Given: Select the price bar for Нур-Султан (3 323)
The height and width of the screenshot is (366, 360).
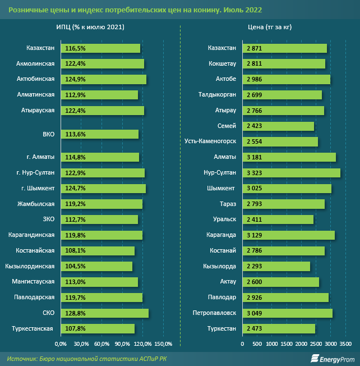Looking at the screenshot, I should [291, 173].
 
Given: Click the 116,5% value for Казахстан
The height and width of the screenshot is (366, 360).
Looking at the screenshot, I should [76, 49].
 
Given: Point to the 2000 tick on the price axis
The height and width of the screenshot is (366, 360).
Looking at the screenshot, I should [301, 344].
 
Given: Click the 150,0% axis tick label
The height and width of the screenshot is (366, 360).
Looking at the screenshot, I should [163, 344].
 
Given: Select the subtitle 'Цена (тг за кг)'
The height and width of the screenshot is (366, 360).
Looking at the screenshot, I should [269, 26].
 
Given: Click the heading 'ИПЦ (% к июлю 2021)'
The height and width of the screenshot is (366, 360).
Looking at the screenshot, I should [90, 26].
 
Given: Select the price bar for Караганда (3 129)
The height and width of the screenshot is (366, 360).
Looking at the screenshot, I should [288, 235].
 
